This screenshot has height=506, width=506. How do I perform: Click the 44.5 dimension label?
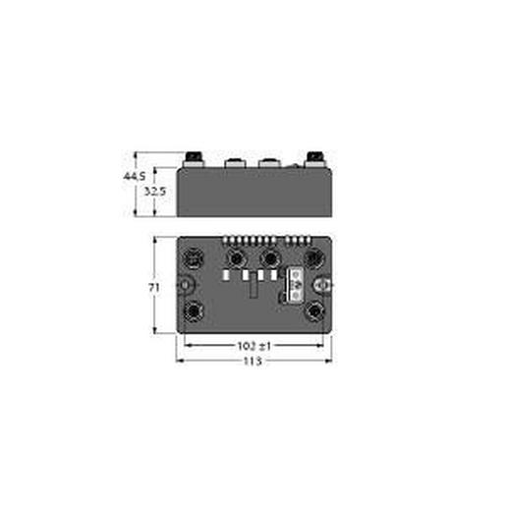[132, 176]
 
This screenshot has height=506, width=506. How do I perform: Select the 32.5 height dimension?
[154, 192]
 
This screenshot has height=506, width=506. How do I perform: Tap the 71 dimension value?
[153, 286]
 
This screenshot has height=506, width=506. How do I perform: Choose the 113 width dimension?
[253, 361]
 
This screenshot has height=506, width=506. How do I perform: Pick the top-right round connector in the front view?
[314, 258]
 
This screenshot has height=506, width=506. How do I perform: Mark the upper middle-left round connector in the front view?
[236, 258]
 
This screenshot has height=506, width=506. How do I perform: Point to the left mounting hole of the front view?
[184, 285]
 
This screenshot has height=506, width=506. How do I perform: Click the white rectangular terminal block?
[293, 284]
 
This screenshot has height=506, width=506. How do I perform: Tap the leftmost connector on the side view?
[193, 157]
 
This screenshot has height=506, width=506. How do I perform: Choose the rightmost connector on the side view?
[315, 157]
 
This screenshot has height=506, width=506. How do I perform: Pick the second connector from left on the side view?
[236, 159]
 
